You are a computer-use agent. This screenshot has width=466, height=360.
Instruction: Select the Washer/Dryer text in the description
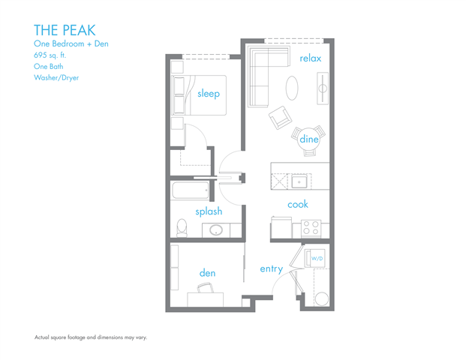[x=56, y=77]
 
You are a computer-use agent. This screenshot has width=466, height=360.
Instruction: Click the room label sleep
[x=209, y=94]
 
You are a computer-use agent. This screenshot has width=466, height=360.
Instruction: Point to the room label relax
[x=311, y=58]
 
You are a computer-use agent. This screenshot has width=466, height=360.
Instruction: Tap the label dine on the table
[x=309, y=139]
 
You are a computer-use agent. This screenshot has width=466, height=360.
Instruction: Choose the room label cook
[x=297, y=204]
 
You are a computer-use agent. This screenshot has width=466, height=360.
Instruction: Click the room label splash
[x=209, y=211]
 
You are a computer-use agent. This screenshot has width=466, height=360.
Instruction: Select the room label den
[x=207, y=273]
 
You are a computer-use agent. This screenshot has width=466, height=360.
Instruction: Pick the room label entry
[x=271, y=268]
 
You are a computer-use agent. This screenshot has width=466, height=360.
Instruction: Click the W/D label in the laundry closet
[x=317, y=259]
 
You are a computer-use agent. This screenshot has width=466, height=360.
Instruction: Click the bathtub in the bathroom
[x=191, y=190]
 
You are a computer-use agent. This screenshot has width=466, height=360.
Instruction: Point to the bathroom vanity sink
[x=215, y=230]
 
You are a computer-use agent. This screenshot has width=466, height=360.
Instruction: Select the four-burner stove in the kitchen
[x=311, y=227]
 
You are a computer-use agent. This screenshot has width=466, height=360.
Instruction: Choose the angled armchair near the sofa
[x=281, y=116]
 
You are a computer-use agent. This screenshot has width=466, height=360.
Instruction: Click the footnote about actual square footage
[x=91, y=337]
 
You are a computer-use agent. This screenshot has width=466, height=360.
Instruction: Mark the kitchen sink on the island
[x=299, y=181]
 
